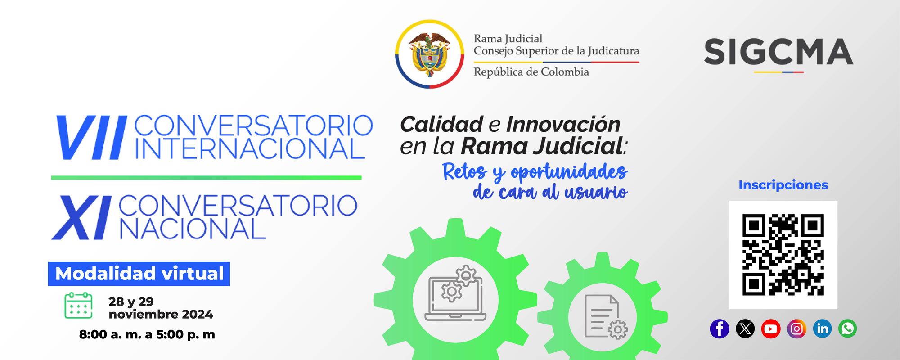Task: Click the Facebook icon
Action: (x=719, y=329)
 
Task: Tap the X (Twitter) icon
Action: (x=745, y=329)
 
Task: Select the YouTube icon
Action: (x=771, y=329)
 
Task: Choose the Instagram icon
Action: (x=796, y=329)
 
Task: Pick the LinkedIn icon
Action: (x=822, y=329)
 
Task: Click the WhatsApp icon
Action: (x=848, y=329)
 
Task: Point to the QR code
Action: (x=783, y=255)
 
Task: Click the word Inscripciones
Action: (x=783, y=185)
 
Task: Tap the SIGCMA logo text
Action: (x=778, y=52)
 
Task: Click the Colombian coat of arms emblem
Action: (x=429, y=54)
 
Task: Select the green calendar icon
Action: (x=78, y=306)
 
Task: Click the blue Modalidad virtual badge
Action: (x=139, y=274)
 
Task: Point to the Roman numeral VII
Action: (x=90, y=138)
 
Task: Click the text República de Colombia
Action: (x=531, y=72)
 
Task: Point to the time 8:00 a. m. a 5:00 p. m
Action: (x=147, y=334)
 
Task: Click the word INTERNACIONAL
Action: (x=249, y=148)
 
